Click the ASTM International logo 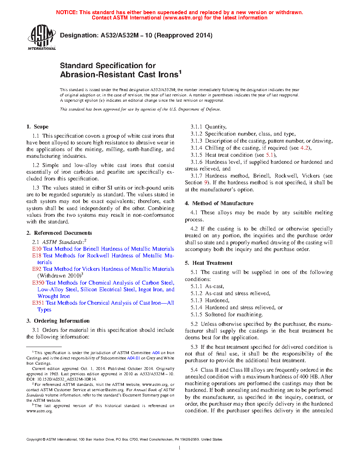pos(42,37)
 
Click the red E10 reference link pos(37,249)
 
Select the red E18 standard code pos(37,256)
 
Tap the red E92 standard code pos(37,269)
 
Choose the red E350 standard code pos(38,283)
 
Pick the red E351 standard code pos(38,303)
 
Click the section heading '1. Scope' pos(37,127)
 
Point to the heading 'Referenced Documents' pos(63,233)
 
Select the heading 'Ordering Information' pos(61,321)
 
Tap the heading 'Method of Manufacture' pos(223,203)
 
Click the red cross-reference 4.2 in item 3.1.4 pos(304,148)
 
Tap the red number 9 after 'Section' pos(205,183)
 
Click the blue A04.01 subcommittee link pos(133,358)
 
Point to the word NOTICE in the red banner pos(67,12)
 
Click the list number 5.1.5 pos(196,315)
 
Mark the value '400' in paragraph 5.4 pos(304,377)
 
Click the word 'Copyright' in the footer pos(34,440)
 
